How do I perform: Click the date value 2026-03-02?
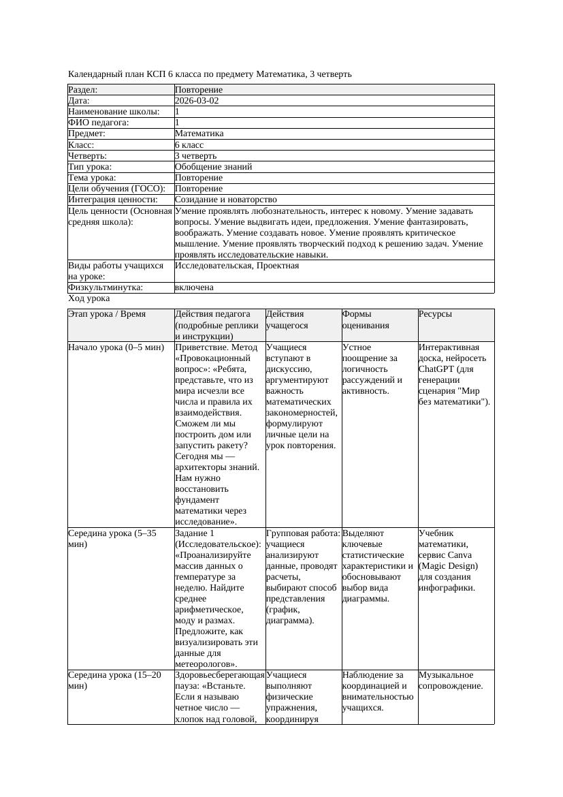(x=197, y=100)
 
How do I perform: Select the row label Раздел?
(x=83, y=89)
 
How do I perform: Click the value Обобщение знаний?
(x=213, y=166)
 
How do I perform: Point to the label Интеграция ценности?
(x=112, y=200)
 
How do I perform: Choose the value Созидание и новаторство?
(x=225, y=200)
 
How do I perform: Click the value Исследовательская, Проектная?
(x=237, y=266)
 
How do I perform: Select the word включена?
(x=194, y=287)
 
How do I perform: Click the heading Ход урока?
(x=89, y=298)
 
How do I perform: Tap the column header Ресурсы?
(x=436, y=314)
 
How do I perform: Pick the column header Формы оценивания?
(x=364, y=319)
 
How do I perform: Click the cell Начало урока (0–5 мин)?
(x=116, y=347)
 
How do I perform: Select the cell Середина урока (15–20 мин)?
(x=114, y=681)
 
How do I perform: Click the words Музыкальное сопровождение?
(x=451, y=681)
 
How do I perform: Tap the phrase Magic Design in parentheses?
(x=449, y=566)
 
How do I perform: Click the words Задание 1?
(x=195, y=533)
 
